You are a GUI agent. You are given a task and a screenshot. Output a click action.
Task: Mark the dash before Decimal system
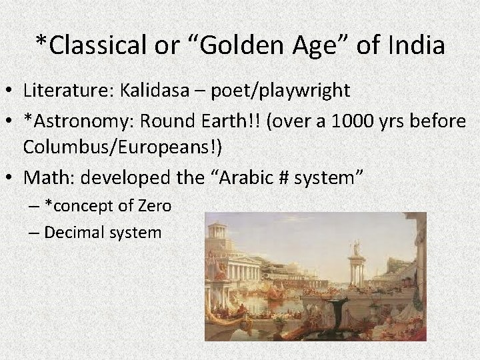33,232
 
